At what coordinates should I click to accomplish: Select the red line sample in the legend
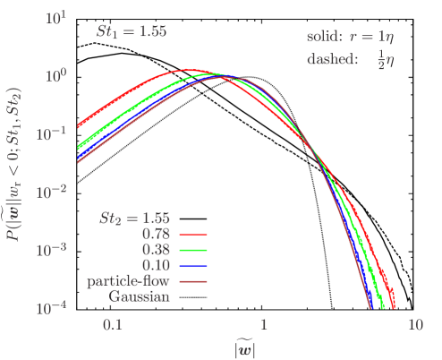[193, 236]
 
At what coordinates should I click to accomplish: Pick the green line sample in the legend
[193, 251]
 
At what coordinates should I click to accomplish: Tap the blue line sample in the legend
[193, 266]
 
